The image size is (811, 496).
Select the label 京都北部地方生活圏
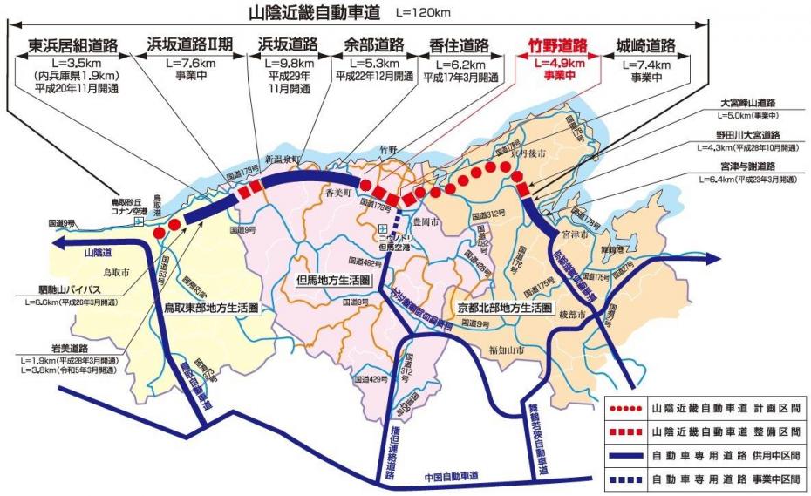505,308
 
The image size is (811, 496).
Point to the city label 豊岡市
423,221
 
